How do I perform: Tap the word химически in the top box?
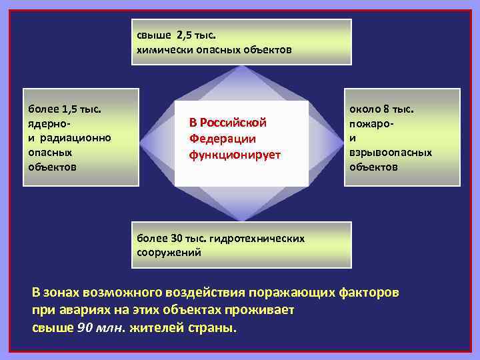161,49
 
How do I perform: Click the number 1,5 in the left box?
71,109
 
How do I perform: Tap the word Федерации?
222,139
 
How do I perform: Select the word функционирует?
235,155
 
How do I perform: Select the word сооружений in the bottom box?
169,253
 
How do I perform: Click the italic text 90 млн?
94,329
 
